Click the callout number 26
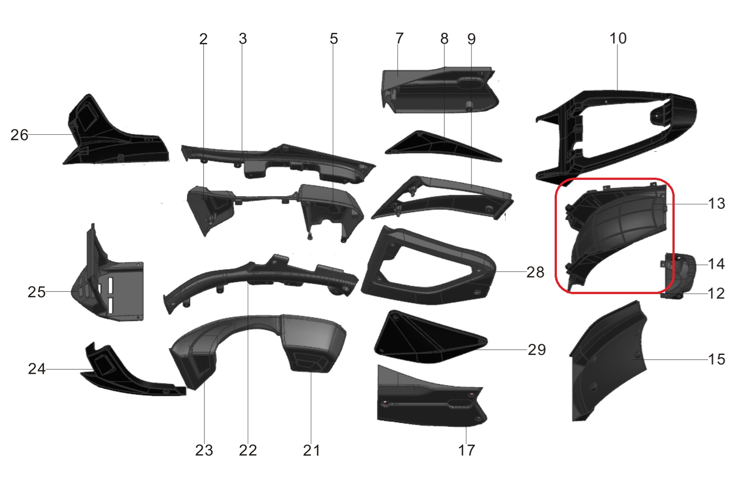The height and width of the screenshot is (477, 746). (19, 135)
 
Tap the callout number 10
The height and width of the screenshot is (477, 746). (618, 38)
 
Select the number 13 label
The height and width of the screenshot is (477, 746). (716, 203)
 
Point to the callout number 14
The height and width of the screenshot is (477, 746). (716, 264)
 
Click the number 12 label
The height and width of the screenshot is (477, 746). (716, 294)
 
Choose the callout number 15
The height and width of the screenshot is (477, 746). (716, 359)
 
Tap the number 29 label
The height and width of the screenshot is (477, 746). (537, 350)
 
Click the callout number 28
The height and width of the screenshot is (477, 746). (535, 272)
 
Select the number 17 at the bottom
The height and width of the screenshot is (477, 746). (466, 450)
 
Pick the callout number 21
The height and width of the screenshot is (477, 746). (311, 450)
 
